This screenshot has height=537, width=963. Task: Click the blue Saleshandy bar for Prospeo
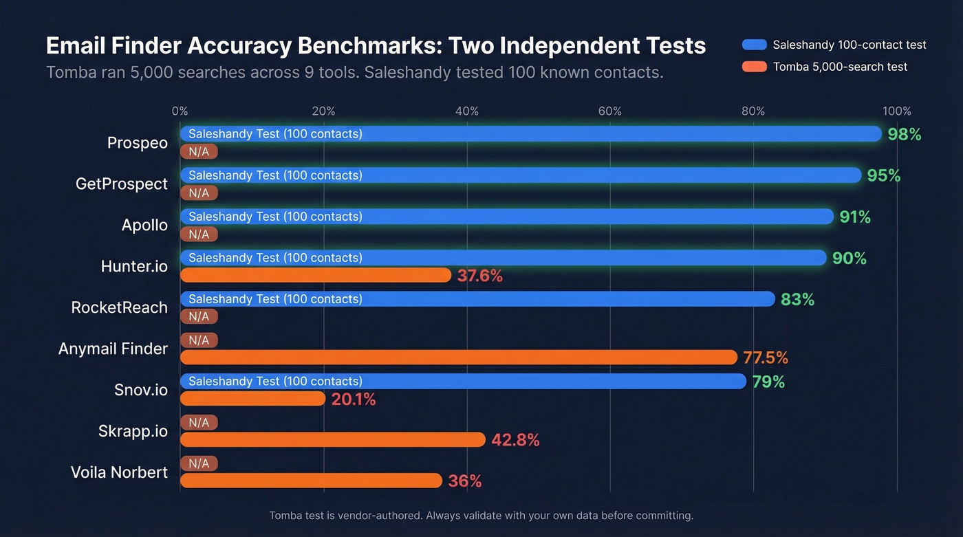(530, 133)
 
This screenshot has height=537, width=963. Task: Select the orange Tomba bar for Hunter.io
(316, 275)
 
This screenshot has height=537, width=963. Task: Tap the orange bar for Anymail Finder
(459, 358)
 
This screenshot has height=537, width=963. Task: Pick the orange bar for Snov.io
(252, 399)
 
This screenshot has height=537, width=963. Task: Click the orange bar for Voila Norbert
(311, 481)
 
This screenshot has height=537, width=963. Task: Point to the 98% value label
(904, 134)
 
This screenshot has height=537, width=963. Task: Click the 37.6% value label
(480, 276)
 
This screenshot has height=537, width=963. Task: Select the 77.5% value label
(766, 358)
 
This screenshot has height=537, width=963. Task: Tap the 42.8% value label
(515, 440)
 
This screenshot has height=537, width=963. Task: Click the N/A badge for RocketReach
(199, 316)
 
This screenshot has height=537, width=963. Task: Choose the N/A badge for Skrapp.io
(199, 423)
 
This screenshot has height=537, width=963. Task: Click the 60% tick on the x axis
(610, 111)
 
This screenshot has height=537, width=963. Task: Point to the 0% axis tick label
(180, 111)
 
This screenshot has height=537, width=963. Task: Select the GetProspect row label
(122, 184)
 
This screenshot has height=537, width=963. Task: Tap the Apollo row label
(144, 225)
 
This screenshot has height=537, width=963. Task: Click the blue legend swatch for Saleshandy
(754, 45)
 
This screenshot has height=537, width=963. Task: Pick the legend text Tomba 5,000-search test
(840, 67)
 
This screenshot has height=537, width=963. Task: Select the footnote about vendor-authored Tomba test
(481, 515)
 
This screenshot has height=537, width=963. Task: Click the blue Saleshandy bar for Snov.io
(463, 381)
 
